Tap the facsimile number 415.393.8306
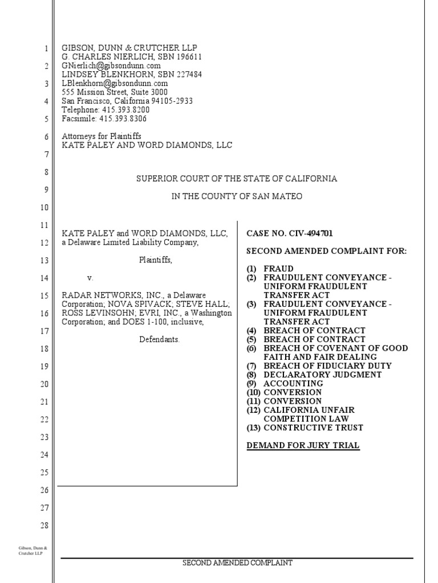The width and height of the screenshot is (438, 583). click(123, 119)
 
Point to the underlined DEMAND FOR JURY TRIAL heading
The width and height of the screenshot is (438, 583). click(303, 445)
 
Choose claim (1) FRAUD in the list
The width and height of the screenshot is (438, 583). click(270, 269)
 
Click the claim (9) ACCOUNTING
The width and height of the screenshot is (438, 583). click(285, 384)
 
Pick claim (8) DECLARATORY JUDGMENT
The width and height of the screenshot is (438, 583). click(306, 375)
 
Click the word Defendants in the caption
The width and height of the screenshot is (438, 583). click(160, 339)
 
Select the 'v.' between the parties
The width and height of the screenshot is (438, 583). click(90, 278)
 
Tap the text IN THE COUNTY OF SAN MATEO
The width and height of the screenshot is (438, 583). click(237, 196)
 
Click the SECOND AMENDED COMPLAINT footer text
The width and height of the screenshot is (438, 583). click(237, 563)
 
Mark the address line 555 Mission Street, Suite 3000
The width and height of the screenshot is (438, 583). click(115, 92)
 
